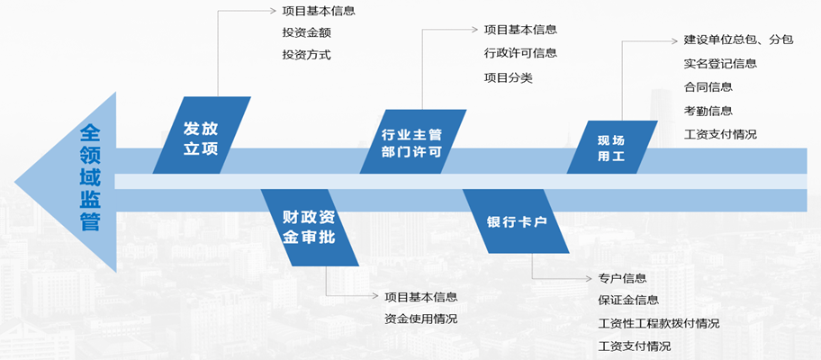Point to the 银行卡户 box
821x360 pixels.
pos(517,221)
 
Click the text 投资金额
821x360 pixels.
pos(306,33)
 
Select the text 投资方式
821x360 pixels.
pos(306,54)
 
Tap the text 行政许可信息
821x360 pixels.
pos(520,53)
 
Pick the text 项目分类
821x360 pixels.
pos(508,77)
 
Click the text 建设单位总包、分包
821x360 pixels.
pos(738,40)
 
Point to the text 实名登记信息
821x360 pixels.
pos(720,64)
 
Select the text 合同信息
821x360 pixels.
pos(708,87)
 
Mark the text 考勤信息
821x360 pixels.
pos(708,111)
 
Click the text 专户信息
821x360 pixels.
pos(622,278)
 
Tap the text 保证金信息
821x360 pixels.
pos(628,301)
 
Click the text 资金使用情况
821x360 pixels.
pos(420,319)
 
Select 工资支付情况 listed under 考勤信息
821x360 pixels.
pos(720,134)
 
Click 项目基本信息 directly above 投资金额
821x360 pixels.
pos(319,12)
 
